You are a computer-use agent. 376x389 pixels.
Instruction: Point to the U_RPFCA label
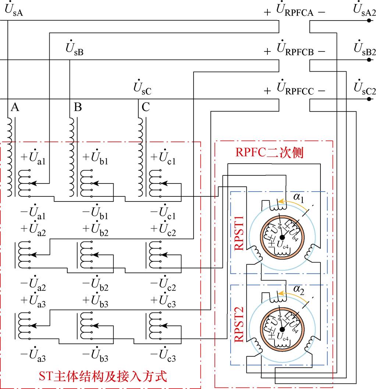pos(294,12)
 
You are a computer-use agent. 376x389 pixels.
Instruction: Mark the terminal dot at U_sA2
pos(368,21)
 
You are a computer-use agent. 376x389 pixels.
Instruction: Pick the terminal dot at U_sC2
pos(368,99)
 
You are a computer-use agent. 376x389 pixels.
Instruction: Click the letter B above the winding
pos(78,107)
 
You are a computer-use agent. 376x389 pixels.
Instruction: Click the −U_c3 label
pos(164,355)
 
